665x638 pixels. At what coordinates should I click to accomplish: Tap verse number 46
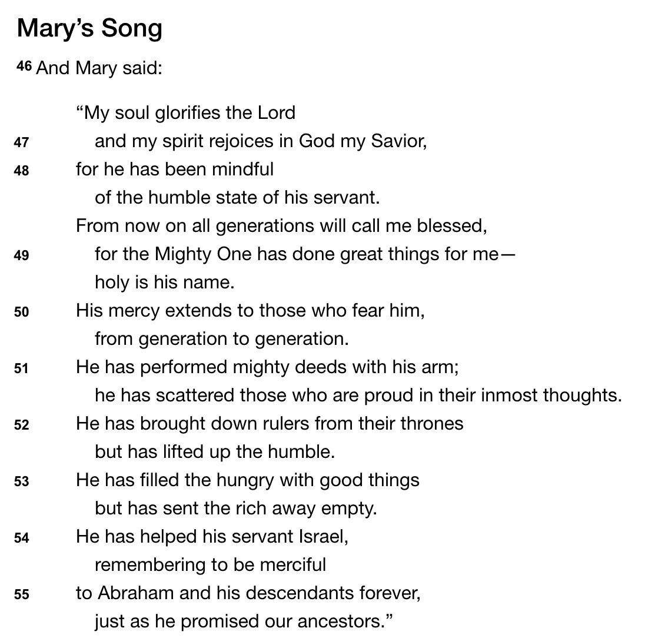[x=24, y=67]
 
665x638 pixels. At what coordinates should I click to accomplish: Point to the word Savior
[x=398, y=141]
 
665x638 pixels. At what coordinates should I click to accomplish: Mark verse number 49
[x=21, y=256]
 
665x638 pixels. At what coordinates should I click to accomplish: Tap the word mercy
[x=134, y=311]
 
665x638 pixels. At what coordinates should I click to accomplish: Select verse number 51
[x=21, y=369]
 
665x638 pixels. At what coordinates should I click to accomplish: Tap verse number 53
[x=21, y=482]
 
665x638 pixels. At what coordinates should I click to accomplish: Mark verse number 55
[x=21, y=595]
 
